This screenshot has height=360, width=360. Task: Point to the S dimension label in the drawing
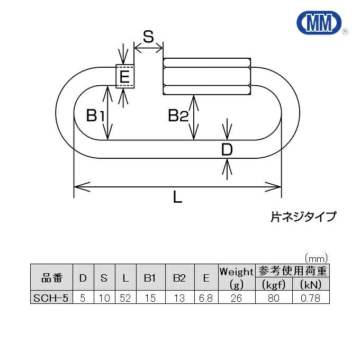tap(148, 37)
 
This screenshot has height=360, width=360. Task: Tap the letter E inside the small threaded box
tap(124, 76)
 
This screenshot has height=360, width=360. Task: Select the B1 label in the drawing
tap(95, 115)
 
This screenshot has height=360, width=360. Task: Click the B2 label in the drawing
tap(178, 115)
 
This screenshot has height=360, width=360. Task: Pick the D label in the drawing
tap(227, 150)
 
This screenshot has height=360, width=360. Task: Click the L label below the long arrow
tap(177, 197)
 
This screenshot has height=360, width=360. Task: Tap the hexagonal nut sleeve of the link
tap(206, 76)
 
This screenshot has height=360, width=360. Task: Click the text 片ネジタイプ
tap(303, 217)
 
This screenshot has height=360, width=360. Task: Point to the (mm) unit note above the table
tap(316, 259)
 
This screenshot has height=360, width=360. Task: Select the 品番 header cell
tap(52, 277)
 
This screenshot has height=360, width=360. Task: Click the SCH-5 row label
tap(51, 298)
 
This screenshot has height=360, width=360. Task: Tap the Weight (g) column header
tap(237, 277)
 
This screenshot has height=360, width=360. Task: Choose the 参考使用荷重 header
tap(292, 271)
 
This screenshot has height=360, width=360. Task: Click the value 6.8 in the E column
tap(206, 298)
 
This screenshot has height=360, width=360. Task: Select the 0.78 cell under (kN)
tap(311, 298)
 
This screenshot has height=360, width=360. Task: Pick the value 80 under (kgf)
tap(274, 298)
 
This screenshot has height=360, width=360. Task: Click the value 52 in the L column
tap(125, 298)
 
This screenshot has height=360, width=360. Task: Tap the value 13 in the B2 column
tap(179, 298)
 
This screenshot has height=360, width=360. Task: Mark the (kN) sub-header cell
tap(311, 284)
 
